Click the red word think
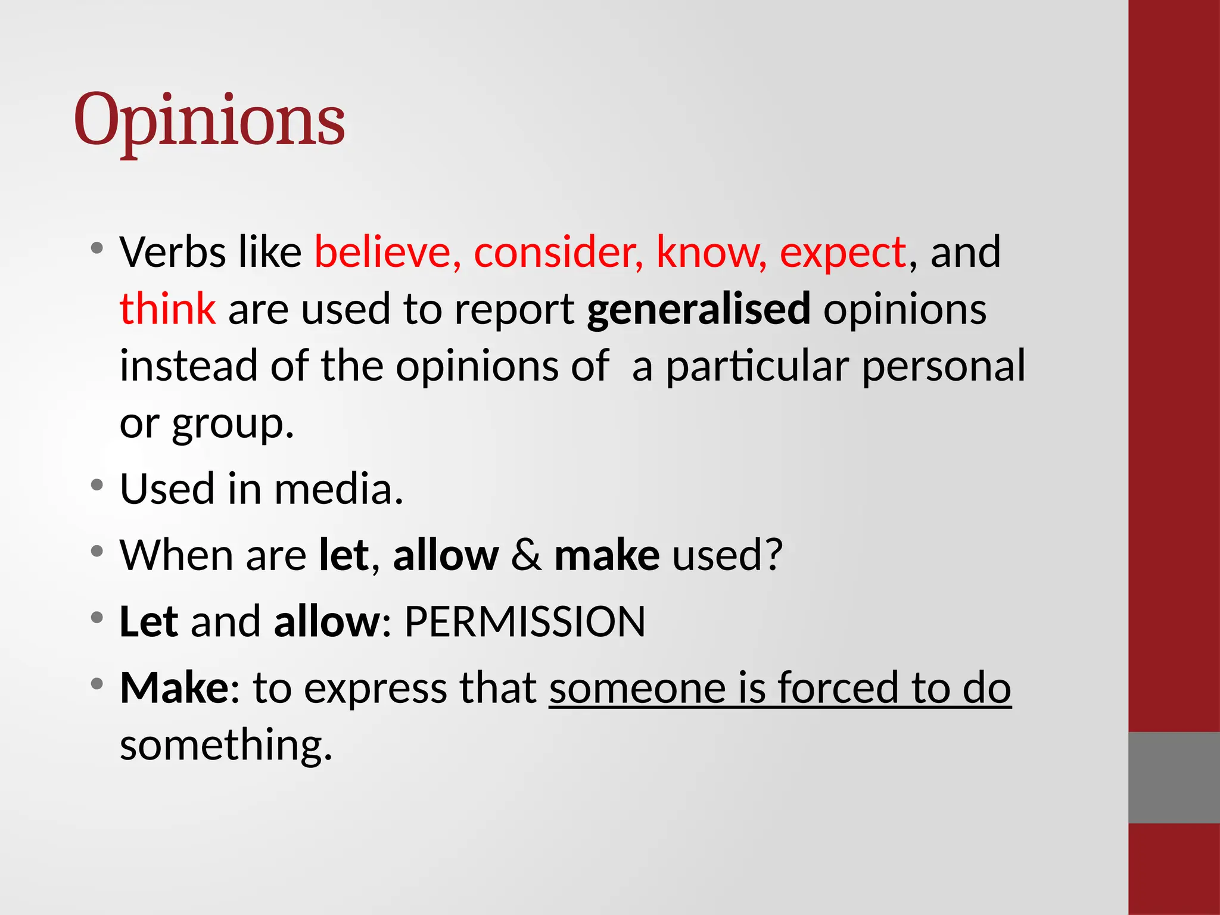(167, 309)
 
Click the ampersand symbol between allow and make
(527, 555)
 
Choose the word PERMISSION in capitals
(525, 622)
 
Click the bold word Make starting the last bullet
(173, 688)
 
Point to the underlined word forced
(838, 688)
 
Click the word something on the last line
(225, 745)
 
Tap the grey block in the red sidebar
(1174, 777)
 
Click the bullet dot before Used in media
(97, 485)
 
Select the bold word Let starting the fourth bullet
(148, 622)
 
